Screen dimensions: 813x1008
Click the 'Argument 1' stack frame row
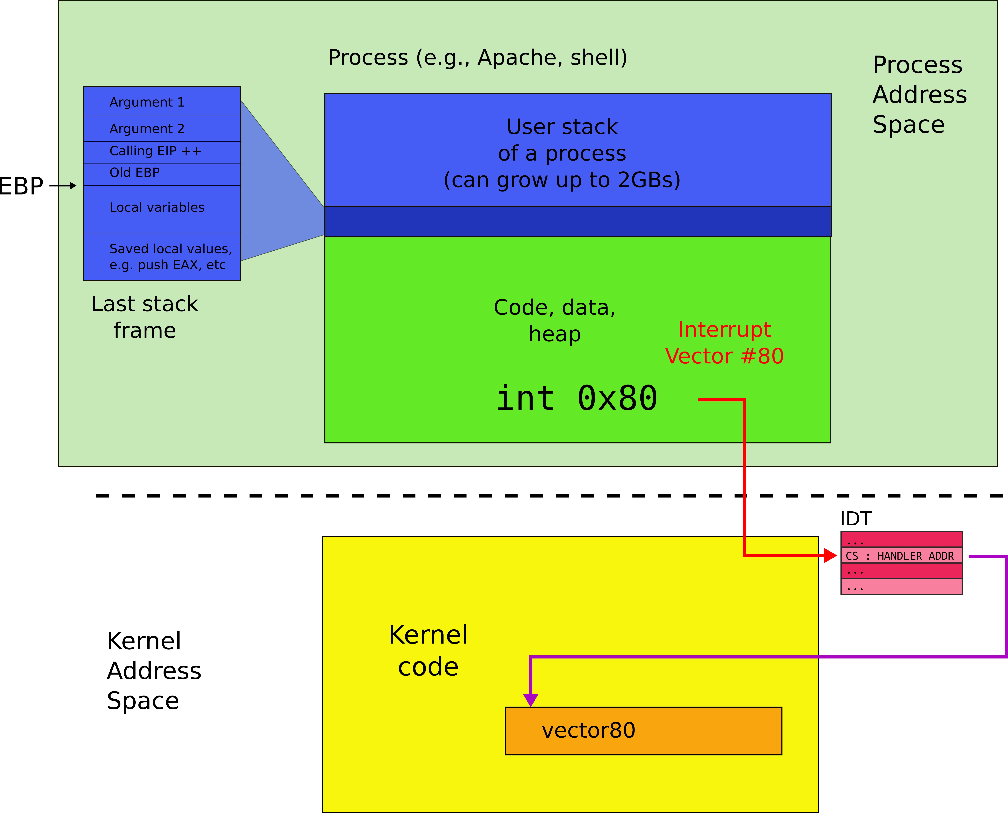click(147, 102)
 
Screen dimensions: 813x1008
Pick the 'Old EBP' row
click(134, 173)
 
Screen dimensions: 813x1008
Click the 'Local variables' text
click(157, 207)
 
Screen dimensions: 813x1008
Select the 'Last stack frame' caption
click(145, 317)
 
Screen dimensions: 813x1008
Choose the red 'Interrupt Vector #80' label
click(724, 343)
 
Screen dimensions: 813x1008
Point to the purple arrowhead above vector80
click(530, 700)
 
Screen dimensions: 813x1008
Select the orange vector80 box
click(643, 731)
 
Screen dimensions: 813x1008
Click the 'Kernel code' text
click(428, 651)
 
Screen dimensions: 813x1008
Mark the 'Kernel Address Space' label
click(154, 671)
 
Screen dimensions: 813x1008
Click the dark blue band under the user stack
click(577, 222)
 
